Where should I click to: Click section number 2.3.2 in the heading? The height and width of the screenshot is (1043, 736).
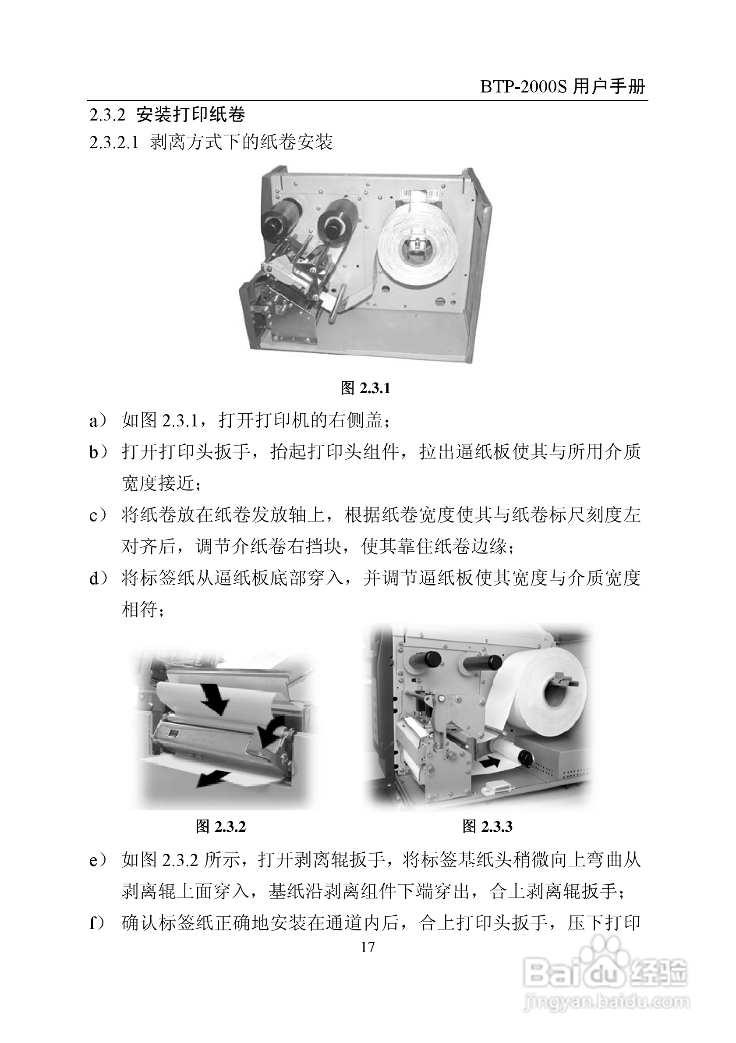[107, 115]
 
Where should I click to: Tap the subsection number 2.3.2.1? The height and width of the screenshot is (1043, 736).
[113, 142]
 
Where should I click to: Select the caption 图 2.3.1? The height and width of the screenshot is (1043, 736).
[365, 388]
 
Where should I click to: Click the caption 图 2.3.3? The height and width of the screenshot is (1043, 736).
[487, 827]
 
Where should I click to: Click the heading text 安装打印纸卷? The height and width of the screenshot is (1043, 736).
[191, 115]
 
